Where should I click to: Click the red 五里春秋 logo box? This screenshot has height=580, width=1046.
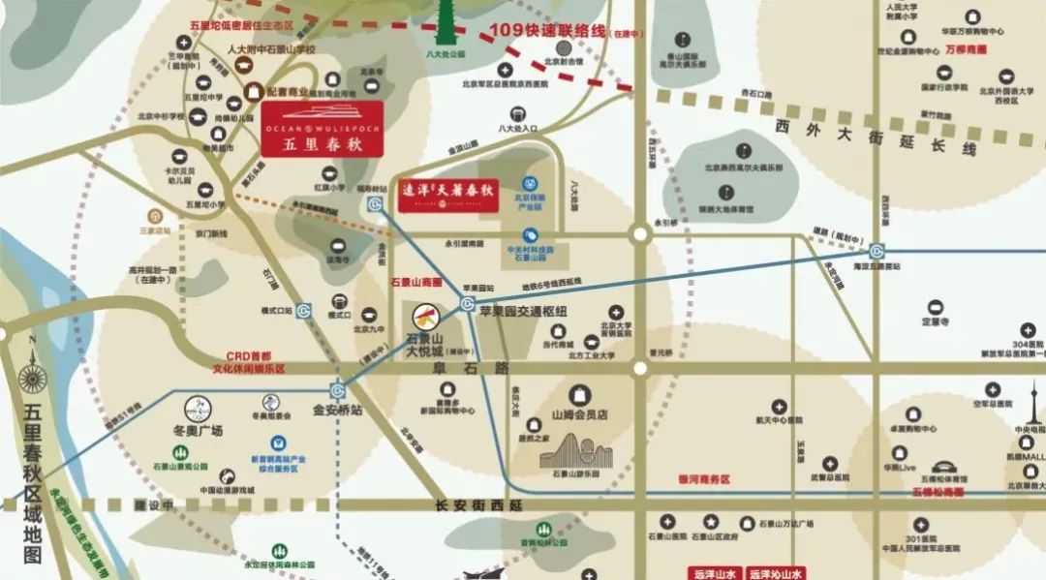click(323, 128)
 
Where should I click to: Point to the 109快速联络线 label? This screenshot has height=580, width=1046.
click(548, 30)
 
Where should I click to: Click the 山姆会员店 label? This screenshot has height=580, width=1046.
click(578, 414)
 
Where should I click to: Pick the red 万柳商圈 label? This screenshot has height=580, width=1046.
click(966, 48)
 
